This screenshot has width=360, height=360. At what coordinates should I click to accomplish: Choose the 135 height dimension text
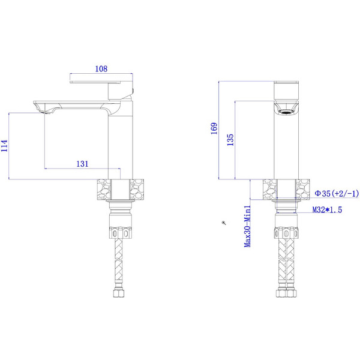230,140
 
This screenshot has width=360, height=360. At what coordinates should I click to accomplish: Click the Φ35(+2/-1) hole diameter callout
337,193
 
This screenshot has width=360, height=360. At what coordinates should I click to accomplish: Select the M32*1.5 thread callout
327,211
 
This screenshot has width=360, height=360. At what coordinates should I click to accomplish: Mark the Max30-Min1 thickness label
247,225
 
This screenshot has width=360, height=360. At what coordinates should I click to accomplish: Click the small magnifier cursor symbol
224,223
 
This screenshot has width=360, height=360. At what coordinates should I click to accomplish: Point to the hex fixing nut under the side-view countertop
118,231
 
